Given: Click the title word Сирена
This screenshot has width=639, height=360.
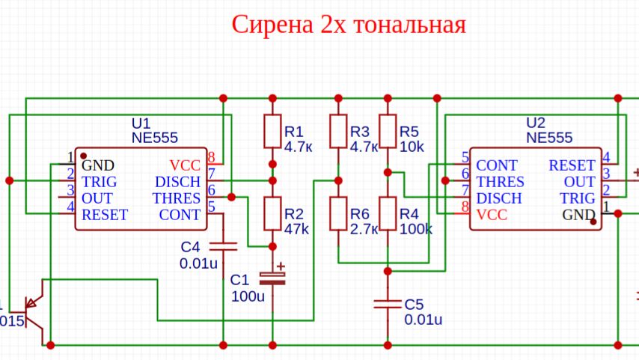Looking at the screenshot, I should (x=273, y=25).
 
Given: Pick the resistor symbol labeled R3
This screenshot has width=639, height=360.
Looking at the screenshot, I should (x=338, y=132).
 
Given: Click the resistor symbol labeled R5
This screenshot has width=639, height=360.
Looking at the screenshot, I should (x=388, y=132).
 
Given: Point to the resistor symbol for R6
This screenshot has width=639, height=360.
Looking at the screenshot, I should (x=338, y=213).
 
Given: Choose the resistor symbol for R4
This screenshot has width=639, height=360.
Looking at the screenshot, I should (x=388, y=213).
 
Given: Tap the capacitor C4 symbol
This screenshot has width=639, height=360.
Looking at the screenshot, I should (x=223, y=245).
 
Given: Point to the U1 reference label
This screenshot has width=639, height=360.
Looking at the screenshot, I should (x=141, y=123).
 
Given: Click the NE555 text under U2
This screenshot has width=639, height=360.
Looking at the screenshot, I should (x=549, y=138).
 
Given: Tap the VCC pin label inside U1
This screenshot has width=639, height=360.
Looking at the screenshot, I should (x=185, y=165).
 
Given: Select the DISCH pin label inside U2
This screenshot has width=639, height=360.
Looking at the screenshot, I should (x=500, y=198).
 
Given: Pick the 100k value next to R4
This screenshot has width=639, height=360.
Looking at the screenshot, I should (x=416, y=230).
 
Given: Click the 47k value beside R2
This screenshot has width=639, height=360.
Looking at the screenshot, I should (x=296, y=230).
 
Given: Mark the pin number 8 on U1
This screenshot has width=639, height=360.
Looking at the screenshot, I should (x=212, y=157).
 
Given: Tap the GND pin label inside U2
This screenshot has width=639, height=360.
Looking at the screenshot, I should (x=579, y=216).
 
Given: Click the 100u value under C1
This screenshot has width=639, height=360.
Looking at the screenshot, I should (x=248, y=296).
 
